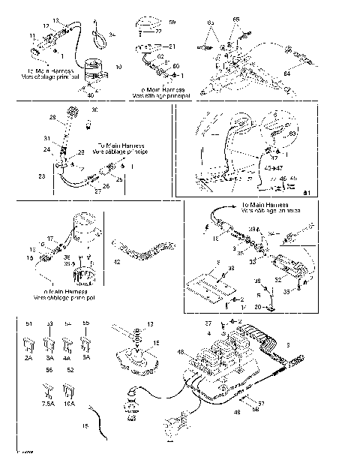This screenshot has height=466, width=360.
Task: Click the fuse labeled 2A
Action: [30, 345]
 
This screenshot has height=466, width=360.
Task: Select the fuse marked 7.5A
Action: [47, 391]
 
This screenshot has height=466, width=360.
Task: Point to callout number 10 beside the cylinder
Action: [118, 67]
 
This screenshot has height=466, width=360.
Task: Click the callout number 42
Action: [116, 263]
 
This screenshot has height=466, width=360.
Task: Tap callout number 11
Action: [32, 35]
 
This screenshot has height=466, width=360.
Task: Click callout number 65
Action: [237, 17]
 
